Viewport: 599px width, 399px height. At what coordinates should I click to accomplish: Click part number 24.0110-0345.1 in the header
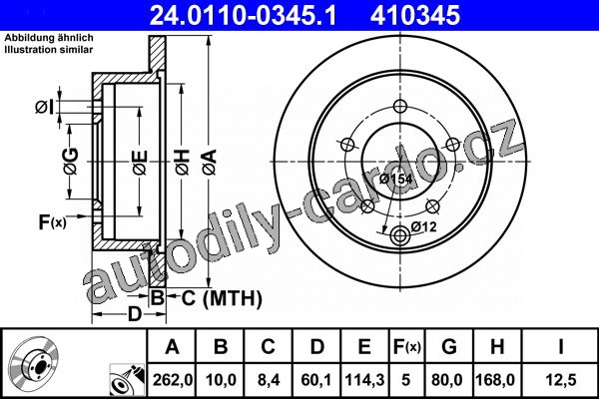[x=243, y=16]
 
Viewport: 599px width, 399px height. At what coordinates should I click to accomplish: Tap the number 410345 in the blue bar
[x=415, y=16]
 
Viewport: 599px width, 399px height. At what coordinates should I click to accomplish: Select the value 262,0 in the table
[x=173, y=380]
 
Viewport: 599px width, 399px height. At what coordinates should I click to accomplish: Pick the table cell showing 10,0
[x=221, y=380]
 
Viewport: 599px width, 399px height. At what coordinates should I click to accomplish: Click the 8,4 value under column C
[x=269, y=380]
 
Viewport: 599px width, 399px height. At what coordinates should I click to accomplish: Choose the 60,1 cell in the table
[x=316, y=380]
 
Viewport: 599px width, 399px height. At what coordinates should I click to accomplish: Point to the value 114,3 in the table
[x=364, y=380]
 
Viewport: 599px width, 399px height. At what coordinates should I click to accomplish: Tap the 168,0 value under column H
[x=497, y=380]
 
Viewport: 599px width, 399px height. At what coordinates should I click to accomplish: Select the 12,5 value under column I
[x=561, y=380]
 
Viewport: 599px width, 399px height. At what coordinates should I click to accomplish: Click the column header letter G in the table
[x=449, y=347]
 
